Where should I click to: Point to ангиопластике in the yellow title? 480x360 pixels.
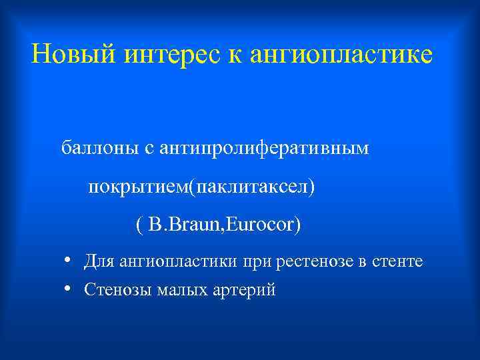pyautogui.click(x=341, y=55)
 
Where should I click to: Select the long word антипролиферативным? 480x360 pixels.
pyautogui.click(x=263, y=147)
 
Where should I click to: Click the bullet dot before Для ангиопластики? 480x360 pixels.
pyautogui.click(x=69, y=260)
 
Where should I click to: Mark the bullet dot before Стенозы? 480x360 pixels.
pyautogui.click(x=69, y=289)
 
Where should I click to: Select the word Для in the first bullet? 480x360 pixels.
pyautogui.click(x=99, y=261)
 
